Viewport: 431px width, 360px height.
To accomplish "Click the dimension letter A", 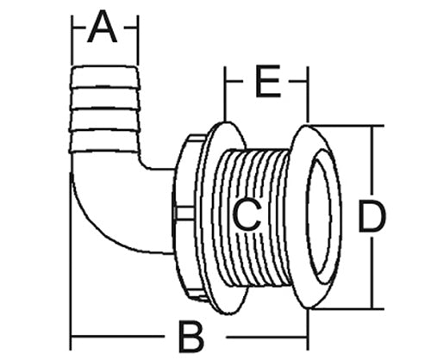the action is [x=103, y=28].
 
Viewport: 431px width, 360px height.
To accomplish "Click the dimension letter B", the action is [x=191, y=337].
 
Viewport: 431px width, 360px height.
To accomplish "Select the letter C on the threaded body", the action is [x=247, y=215].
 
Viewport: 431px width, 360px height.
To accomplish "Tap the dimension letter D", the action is [x=371, y=216].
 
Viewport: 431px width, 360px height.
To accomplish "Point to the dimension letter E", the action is [x=267, y=81].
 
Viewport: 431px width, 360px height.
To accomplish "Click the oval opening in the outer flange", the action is [x=319, y=216].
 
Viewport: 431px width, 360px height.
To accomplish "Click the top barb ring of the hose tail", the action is [x=105, y=76].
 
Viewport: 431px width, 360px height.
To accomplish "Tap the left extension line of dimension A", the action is [x=72, y=40].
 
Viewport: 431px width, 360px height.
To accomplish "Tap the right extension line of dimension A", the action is [x=138, y=40].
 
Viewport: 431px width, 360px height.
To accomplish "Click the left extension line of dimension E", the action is [x=225, y=94].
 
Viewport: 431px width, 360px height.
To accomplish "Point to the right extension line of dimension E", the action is [x=308, y=95].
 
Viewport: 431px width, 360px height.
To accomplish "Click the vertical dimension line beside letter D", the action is [x=372, y=217].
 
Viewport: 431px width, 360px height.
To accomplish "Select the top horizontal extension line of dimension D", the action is [x=345, y=126].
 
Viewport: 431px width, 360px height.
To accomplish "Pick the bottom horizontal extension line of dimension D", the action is [x=348, y=309].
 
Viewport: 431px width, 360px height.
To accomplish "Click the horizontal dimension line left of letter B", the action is [x=118, y=337].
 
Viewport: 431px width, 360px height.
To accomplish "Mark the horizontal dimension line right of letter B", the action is [x=267, y=337].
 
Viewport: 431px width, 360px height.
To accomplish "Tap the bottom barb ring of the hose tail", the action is [x=105, y=140].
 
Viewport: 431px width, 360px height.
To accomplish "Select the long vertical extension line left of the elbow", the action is [x=71, y=261].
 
